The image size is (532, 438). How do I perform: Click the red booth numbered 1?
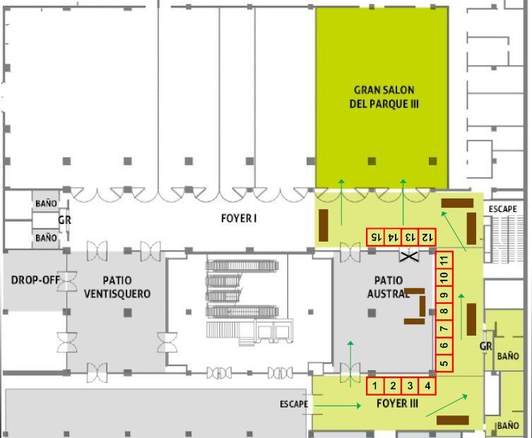[x=375, y=386]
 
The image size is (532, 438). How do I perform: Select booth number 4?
[x=427, y=386]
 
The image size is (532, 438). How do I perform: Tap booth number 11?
[x=444, y=261]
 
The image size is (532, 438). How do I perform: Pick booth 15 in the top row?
[x=375, y=237]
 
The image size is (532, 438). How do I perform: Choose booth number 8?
[x=444, y=312]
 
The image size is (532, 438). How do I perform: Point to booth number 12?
[x=427, y=237]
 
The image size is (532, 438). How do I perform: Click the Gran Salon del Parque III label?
[x=384, y=97]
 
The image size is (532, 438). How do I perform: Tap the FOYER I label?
[x=239, y=218]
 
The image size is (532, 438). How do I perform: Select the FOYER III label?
[x=397, y=403]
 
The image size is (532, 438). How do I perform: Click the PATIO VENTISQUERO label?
[x=117, y=287]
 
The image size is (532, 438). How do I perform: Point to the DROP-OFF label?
[x=35, y=280]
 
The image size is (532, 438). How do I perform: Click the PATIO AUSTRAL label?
[x=389, y=287]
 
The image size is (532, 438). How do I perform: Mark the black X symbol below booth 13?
[x=409, y=256]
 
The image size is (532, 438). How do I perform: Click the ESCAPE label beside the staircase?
[x=503, y=209]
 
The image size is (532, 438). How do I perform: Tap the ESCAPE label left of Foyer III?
[x=294, y=404]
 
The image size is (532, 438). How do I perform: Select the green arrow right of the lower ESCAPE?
[x=338, y=406]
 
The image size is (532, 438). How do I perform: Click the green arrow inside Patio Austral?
[x=350, y=364]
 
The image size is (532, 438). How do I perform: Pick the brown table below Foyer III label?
[x=453, y=420]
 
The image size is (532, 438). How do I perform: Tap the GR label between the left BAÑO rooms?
[x=64, y=220]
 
